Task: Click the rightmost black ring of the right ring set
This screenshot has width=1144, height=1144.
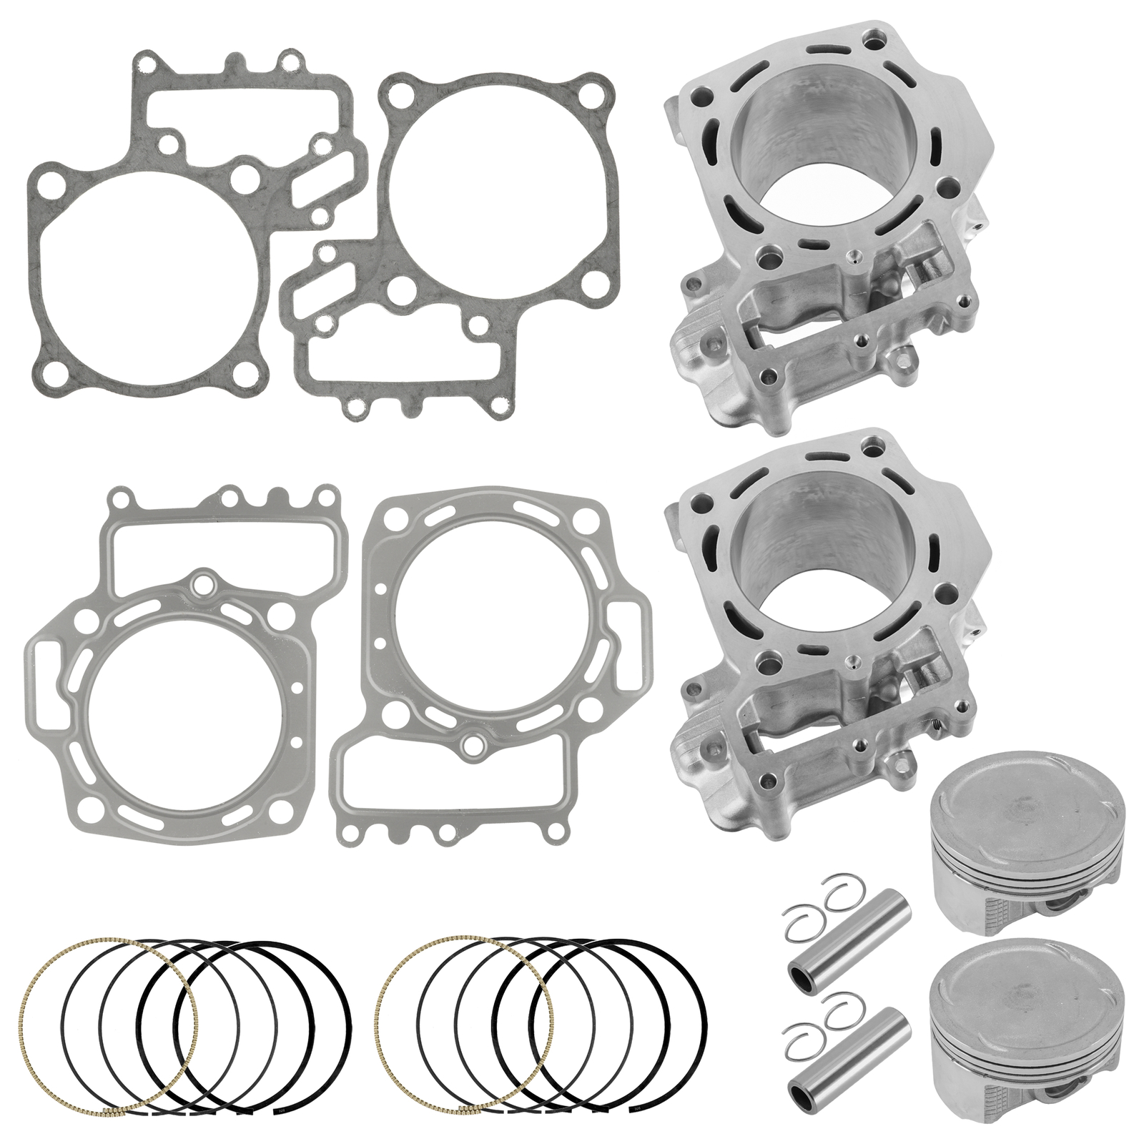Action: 704,1015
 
